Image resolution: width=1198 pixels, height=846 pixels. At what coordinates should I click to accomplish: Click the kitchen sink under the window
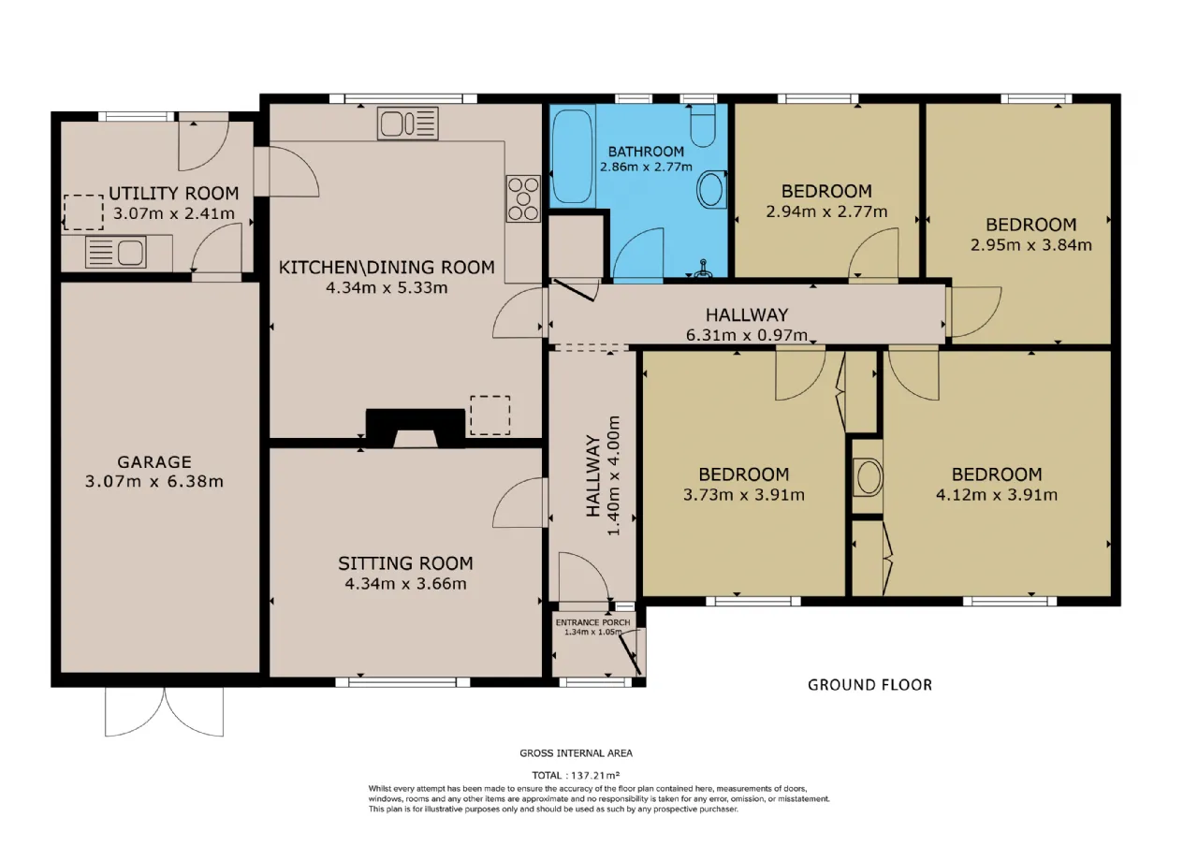tap(407, 124)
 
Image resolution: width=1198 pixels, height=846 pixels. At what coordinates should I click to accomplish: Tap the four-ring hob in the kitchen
tap(523, 199)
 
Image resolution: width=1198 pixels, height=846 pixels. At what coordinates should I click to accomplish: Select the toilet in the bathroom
tap(703, 125)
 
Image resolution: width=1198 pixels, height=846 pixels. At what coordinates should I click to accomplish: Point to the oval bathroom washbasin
tap(712, 190)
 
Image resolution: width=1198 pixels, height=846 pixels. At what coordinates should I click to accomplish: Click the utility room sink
tap(115, 253)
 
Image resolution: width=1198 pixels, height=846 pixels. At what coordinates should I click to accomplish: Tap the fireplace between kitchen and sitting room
tap(415, 428)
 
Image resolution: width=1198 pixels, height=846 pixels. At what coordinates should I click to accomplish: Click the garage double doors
tap(164, 712)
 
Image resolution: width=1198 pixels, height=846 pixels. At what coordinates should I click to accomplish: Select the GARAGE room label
tap(154, 461)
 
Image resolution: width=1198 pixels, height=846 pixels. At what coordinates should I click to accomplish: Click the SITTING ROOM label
tap(405, 563)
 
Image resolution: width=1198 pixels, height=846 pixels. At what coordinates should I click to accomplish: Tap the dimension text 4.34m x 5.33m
tap(387, 287)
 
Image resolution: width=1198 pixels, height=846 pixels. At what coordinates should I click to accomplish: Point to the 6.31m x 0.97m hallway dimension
tap(747, 335)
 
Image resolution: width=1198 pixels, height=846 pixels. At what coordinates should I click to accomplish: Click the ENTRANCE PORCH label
tap(592, 622)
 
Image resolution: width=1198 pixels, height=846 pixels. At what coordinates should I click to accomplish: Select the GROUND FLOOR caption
tap(869, 685)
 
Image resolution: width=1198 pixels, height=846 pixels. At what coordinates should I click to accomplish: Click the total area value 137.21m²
tap(595, 775)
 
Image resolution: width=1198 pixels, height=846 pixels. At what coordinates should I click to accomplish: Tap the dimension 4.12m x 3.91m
tap(997, 495)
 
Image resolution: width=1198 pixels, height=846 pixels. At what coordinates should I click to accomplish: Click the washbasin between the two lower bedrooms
tap(868, 476)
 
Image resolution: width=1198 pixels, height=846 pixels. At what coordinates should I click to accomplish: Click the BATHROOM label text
tap(646, 152)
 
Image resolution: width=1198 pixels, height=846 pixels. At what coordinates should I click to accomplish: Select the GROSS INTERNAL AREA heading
tap(576, 753)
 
